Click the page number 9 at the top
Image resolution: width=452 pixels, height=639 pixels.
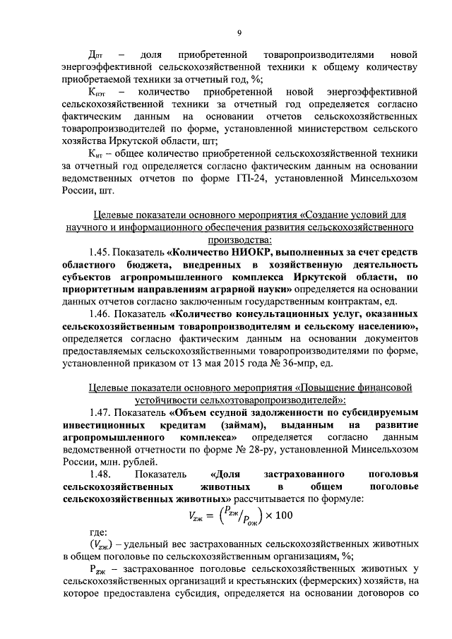point(239,32)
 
